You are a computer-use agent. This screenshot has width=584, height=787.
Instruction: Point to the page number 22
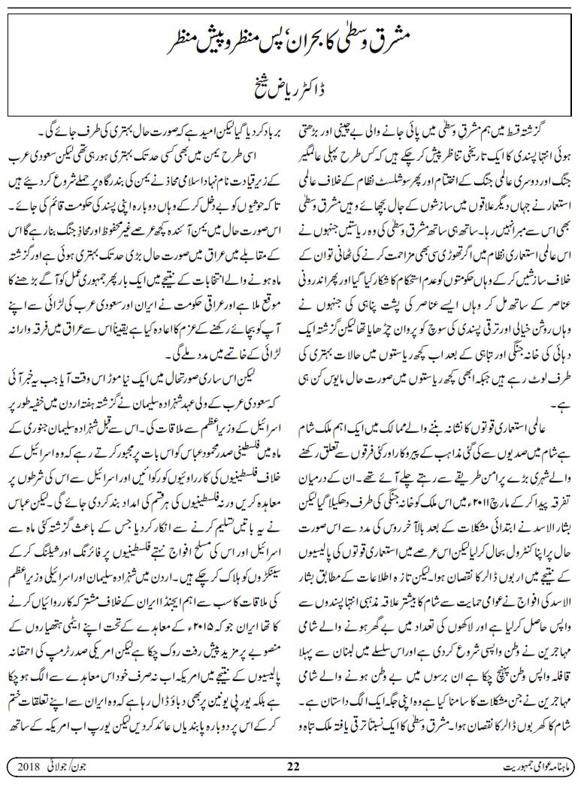click(x=294, y=767)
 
